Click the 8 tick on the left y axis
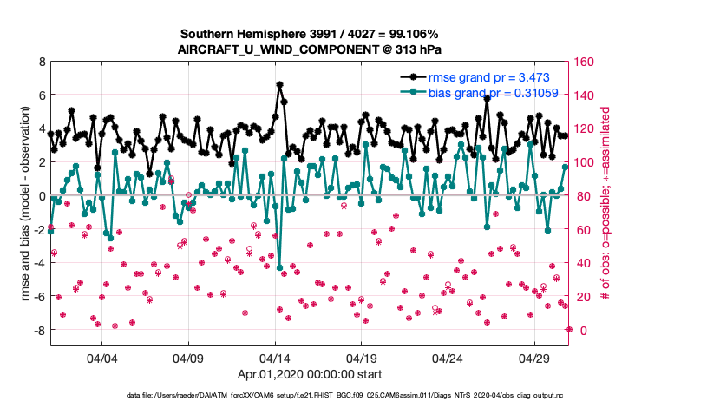41,62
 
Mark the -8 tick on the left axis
39,331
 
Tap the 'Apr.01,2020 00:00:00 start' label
310,375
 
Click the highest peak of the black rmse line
279,84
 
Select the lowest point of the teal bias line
279,268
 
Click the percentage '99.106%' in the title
419,32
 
